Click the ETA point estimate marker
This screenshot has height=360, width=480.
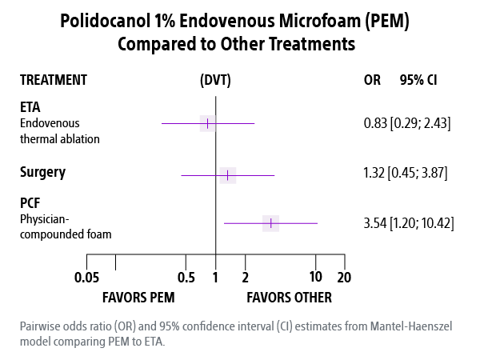tap(208, 123)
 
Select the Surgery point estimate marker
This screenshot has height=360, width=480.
tap(228, 175)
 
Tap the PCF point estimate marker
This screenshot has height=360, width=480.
tap(271, 222)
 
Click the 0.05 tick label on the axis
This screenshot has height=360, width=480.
tap(86, 278)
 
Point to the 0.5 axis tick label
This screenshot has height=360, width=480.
tap(186, 278)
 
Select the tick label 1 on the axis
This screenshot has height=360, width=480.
tap(215, 278)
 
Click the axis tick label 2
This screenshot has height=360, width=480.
tap(245, 278)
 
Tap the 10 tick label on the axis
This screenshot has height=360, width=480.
tap(316, 278)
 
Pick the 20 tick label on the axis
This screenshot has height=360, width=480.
tap(345, 278)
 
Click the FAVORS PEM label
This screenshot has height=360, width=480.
tap(138, 298)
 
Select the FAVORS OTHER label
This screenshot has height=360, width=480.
tap(289, 298)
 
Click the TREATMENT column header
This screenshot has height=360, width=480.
tap(54, 80)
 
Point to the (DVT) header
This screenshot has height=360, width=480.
tap(216, 80)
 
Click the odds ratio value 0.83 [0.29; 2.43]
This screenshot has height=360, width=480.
tap(408, 124)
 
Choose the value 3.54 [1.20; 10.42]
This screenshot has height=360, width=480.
tap(408, 222)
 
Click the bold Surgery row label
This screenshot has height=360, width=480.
tap(42, 172)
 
